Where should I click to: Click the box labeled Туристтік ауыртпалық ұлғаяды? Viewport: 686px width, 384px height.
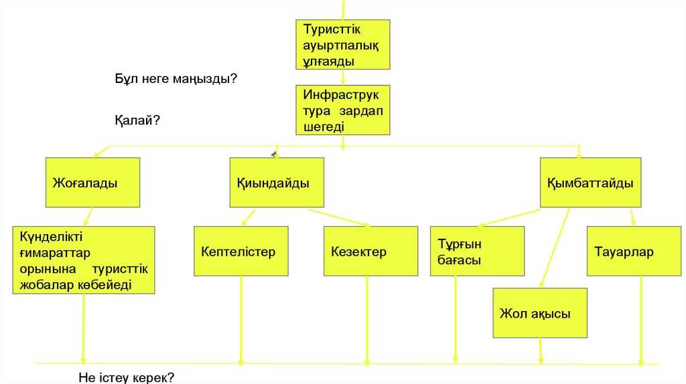tap(343, 44)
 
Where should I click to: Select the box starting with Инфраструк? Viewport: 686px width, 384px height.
tap(343, 110)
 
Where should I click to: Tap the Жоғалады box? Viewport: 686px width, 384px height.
tap(92, 182)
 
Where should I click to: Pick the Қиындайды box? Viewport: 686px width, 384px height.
tap(277, 182)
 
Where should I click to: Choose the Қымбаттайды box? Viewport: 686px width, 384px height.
tap(589, 182)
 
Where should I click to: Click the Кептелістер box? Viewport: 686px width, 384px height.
tap(241, 252)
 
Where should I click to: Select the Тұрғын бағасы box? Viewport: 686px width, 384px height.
tap(476, 252)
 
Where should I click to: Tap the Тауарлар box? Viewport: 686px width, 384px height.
tap(634, 252)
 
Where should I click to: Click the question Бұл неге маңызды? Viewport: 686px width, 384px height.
tap(176, 78)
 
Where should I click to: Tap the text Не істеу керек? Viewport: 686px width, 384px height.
tap(127, 377)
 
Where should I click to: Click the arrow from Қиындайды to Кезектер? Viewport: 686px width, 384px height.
tap(338, 217)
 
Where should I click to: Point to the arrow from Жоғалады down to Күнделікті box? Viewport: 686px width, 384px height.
tap(87, 217)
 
